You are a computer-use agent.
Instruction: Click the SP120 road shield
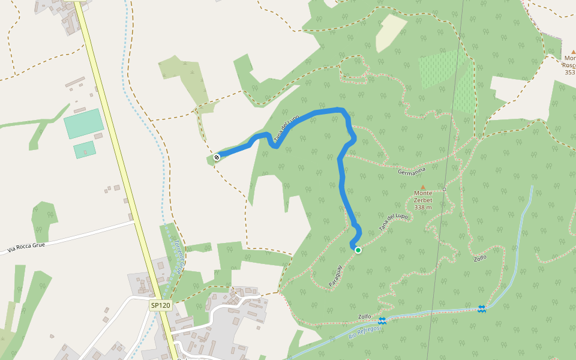[x=161, y=305]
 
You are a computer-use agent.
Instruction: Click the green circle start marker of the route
[x=358, y=250]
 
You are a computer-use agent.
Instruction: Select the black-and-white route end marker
[x=217, y=157]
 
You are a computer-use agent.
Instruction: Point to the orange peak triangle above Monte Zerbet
[x=423, y=187]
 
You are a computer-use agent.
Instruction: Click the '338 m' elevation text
[x=423, y=207]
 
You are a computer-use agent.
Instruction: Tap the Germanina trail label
[x=412, y=172]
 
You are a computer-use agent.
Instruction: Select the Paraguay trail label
[x=335, y=274]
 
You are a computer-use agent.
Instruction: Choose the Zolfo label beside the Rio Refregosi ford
[x=365, y=317]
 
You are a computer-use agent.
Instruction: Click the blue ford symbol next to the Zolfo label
[x=382, y=320]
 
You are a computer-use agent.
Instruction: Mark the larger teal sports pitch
[x=83, y=124]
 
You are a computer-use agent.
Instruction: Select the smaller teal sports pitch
[x=85, y=149]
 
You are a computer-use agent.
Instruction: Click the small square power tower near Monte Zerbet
[x=445, y=189]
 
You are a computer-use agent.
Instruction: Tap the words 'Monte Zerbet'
[x=423, y=197]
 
